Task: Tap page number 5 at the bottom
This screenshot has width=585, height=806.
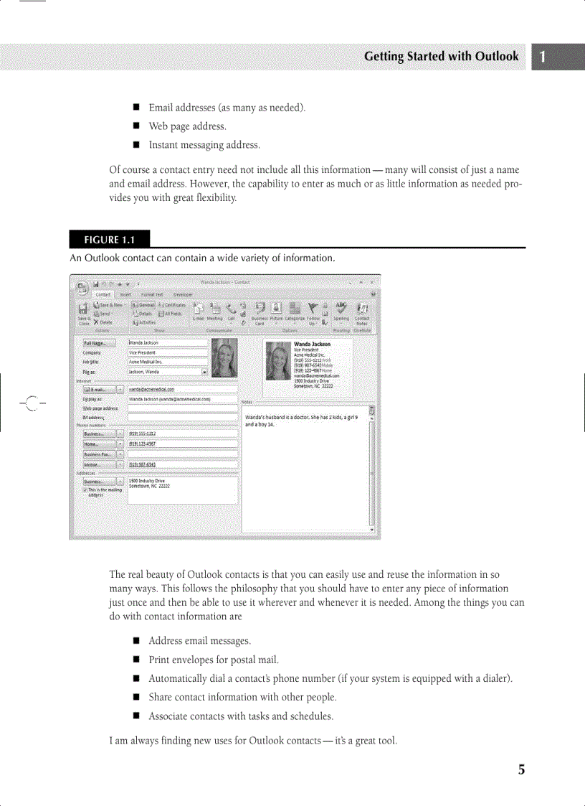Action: [522, 770]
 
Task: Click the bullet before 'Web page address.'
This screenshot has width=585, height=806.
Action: [135, 126]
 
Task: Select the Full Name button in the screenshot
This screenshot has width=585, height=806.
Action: [99, 344]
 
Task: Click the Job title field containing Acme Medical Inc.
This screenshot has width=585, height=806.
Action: [167, 362]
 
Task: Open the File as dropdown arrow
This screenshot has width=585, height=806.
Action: [205, 372]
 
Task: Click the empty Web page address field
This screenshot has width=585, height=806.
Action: [182, 408]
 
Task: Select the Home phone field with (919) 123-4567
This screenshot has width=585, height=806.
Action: [182, 444]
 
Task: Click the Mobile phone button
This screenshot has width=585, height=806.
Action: [97, 464]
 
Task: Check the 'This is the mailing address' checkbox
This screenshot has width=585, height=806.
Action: [85, 489]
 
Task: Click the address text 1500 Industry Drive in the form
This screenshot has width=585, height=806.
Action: [148, 480]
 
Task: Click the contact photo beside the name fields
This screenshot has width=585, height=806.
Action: [225, 357]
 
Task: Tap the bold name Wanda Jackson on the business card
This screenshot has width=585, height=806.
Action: [313, 345]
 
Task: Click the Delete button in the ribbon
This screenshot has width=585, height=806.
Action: [103, 322]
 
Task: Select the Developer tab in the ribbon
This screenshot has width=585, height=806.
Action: [183, 294]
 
